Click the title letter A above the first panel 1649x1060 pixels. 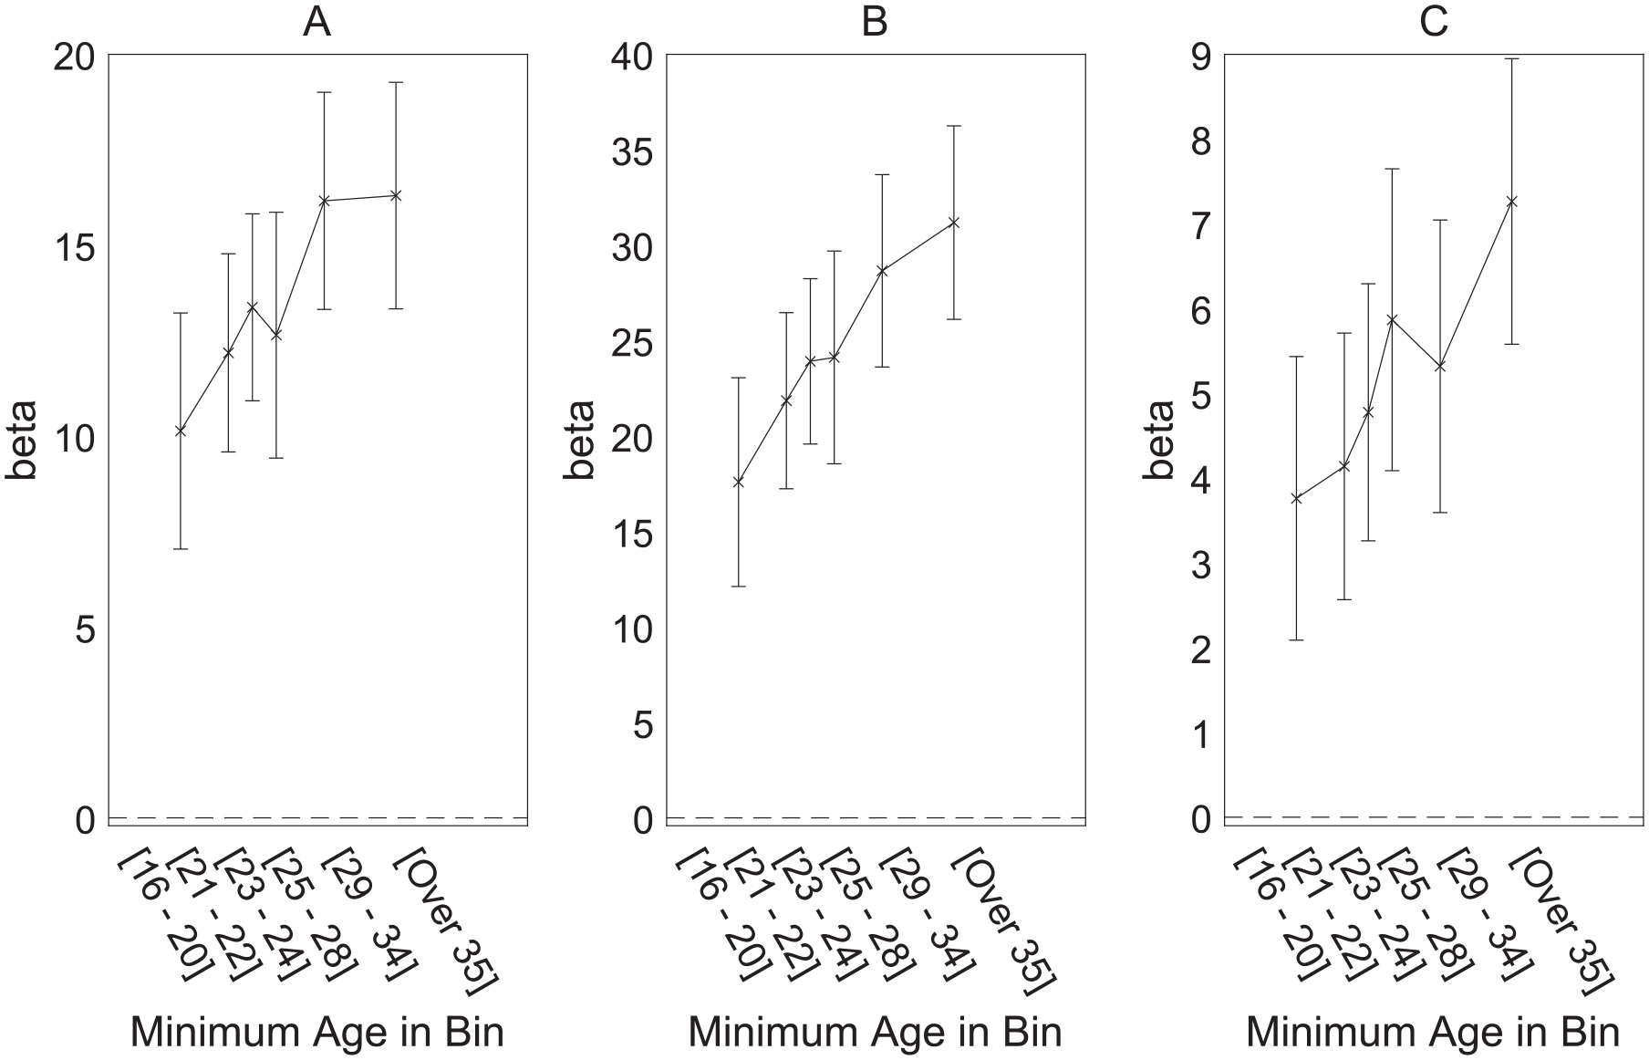(316, 23)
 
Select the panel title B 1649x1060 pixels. (875, 23)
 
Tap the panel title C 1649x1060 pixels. (1434, 23)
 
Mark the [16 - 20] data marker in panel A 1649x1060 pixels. (181, 431)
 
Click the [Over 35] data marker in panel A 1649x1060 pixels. (396, 195)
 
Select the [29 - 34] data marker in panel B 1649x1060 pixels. (882, 270)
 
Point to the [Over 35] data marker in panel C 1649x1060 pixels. (1511, 202)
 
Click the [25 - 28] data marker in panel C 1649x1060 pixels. (1392, 319)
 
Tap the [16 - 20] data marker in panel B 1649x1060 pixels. (739, 482)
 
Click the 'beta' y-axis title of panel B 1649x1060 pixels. (578, 440)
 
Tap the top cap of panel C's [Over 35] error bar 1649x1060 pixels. (1511, 58)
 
